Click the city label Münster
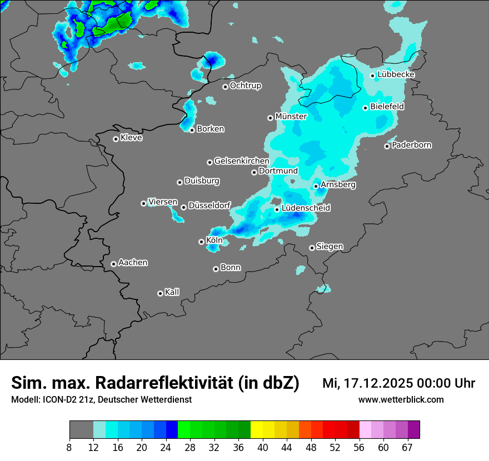tap(291, 117)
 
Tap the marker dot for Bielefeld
tap(366, 108)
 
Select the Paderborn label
tap(412, 146)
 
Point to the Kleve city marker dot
tap(116, 139)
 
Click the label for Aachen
tap(133, 263)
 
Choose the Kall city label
tap(172, 292)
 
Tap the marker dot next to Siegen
tap(312, 248)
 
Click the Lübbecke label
tap(396, 74)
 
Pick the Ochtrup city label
tap(246, 86)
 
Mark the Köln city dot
tap(201, 242)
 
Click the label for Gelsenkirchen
tap(242, 161)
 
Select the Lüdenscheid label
tap(306, 208)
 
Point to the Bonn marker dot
tap(216, 269)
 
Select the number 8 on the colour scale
tap(69, 447)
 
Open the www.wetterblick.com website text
tap(401, 400)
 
